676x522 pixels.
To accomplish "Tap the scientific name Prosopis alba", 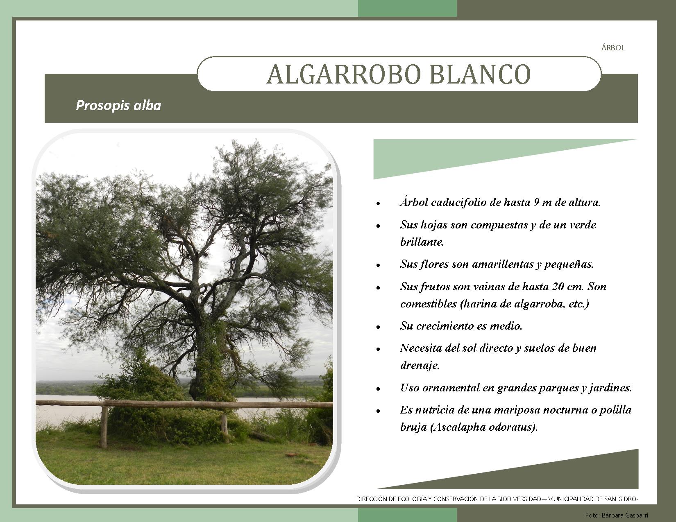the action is [118, 106].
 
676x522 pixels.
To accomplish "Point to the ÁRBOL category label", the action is [613, 47].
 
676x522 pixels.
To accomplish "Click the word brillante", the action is [422, 242].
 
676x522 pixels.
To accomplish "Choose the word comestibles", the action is [429, 304].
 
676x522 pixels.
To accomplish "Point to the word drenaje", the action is [420, 365].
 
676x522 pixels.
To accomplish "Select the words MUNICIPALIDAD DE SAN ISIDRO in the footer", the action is [591, 499].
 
